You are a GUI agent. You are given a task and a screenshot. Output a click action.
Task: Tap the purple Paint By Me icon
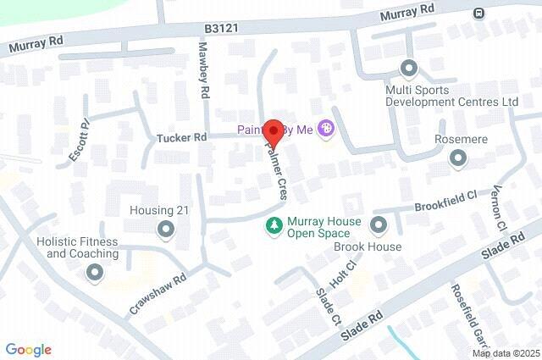tap(328, 130)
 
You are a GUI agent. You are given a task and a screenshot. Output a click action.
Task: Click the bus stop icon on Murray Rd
tap(479, 13)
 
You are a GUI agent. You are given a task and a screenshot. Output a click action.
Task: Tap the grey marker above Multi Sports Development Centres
tap(409, 68)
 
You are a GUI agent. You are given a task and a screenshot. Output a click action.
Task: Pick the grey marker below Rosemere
tap(458, 158)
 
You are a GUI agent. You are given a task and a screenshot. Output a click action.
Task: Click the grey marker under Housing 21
tap(164, 229)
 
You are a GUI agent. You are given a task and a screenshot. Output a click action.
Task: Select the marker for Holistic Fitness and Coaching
tap(94, 272)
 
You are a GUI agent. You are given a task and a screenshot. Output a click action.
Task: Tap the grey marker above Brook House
tap(378, 224)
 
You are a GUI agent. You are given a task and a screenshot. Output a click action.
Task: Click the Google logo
tap(28, 350)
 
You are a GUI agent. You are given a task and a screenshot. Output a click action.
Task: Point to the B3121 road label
tap(219, 29)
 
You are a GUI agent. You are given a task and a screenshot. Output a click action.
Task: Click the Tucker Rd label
tap(181, 137)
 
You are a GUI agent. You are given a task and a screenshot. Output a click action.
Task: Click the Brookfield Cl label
tap(446, 201)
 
